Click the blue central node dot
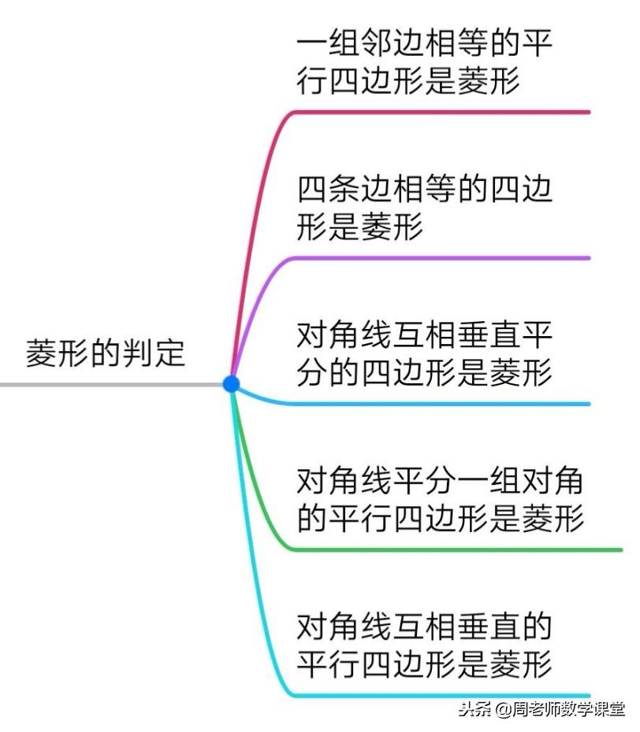tap(231, 384)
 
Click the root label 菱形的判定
tap(106, 353)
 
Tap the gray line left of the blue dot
tap(110, 385)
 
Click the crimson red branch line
tap(441, 113)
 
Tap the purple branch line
tap(441, 258)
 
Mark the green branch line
tap(457, 549)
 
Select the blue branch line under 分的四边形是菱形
tap(441, 404)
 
